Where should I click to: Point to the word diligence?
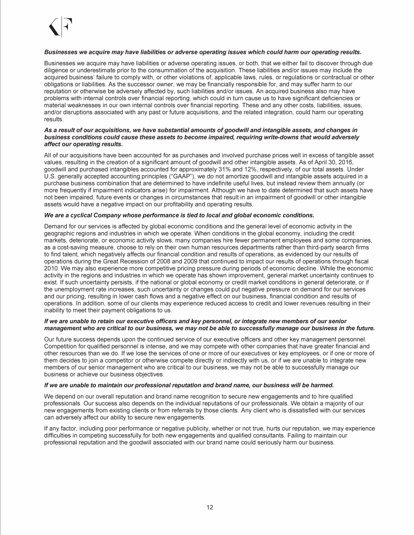tap(57, 72)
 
